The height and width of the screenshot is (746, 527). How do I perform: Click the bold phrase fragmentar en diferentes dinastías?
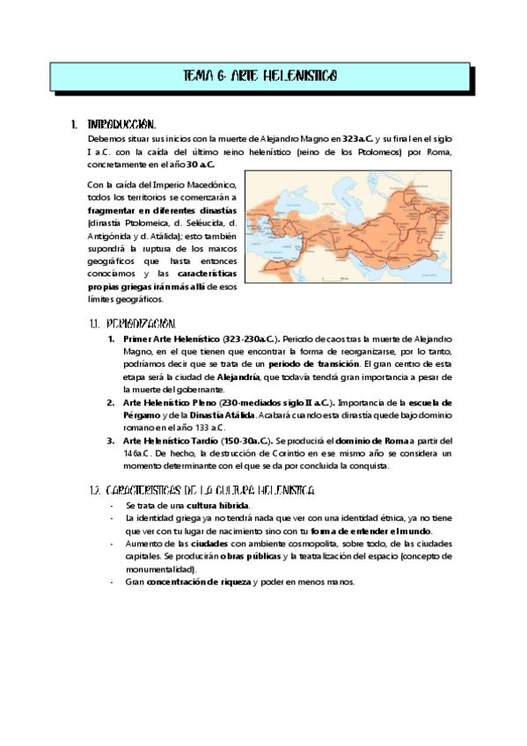pos(162,212)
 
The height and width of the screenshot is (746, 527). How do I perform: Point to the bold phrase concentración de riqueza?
pos(199,582)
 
